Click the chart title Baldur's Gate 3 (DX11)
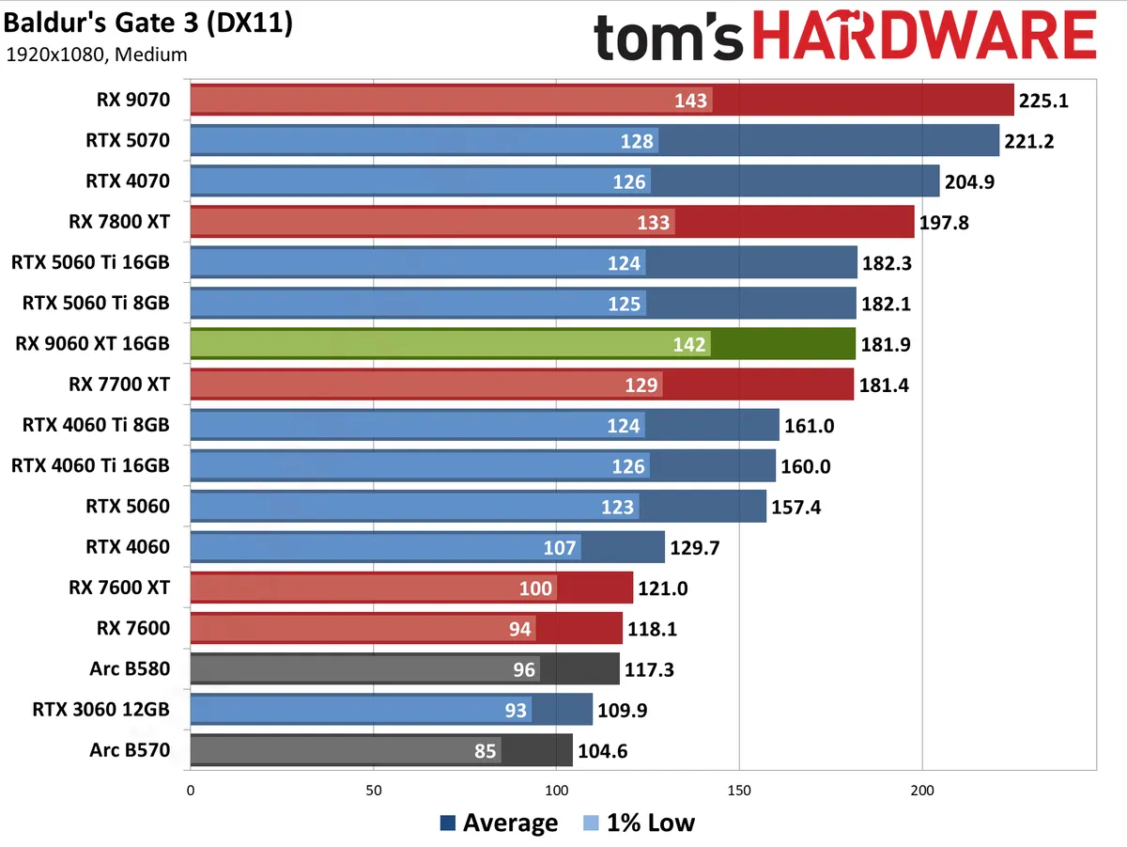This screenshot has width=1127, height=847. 148,24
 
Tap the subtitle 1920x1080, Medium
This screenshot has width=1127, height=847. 96,55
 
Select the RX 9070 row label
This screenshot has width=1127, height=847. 132,101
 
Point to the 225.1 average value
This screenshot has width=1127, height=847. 1044,101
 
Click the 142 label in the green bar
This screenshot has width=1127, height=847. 689,344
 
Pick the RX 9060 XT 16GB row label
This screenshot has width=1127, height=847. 93,344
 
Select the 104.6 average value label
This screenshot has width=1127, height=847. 603,751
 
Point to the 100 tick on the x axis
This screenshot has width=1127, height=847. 556,791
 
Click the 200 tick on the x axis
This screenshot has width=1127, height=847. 922,791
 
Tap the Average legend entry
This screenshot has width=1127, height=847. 499,823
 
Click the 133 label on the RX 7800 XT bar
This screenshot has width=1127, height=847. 654,222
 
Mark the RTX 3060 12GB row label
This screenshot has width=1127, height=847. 100,710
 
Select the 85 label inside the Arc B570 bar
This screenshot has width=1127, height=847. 486,751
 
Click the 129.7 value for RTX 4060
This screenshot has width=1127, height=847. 696,547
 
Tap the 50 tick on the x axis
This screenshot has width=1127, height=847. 374,791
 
